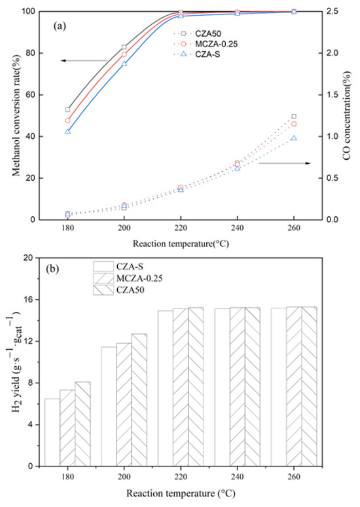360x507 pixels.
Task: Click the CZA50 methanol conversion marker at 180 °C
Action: (67, 109)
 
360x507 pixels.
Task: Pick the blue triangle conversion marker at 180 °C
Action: (67, 132)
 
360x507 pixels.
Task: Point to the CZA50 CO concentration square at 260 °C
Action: (294, 116)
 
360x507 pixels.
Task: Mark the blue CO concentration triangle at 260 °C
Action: (294, 138)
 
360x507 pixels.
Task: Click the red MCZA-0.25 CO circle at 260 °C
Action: (294, 124)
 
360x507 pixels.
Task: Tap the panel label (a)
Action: (65, 29)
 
